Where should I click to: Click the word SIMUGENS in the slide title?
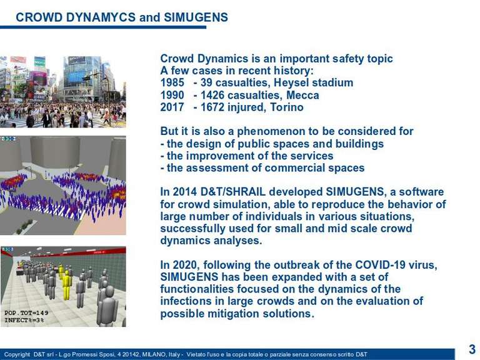click(196, 17)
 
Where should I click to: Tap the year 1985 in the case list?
click(172, 82)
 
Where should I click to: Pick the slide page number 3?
click(472, 349)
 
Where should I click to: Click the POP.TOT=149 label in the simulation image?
click(26, 313)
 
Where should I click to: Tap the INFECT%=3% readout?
click(24, 320)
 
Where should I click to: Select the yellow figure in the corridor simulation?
click(66, 285)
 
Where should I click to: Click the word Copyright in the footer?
click(17, 354)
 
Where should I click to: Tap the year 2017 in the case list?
click(172, 107)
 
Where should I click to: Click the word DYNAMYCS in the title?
click(101, 17)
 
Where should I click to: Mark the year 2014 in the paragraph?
click(185, 192)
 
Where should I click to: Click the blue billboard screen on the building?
click(76, 77)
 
